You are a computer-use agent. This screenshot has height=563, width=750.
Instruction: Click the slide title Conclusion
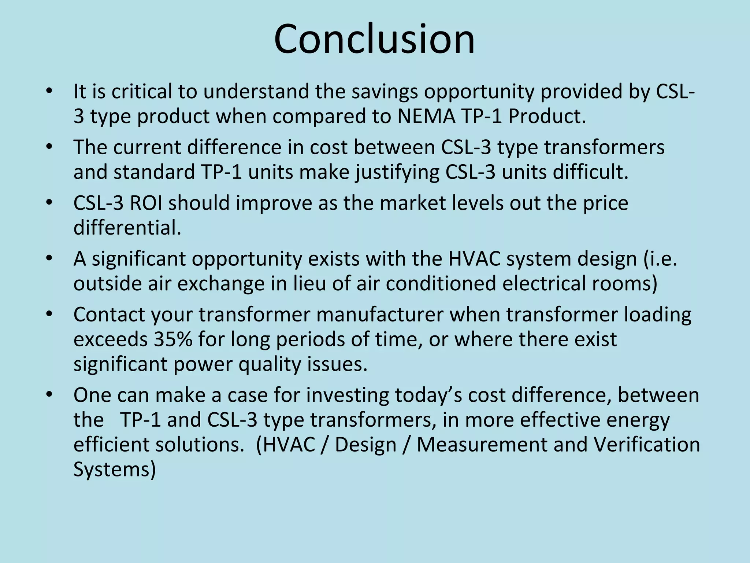374,39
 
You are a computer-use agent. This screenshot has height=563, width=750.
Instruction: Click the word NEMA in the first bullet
426,116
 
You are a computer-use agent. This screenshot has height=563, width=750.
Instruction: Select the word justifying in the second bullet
397,172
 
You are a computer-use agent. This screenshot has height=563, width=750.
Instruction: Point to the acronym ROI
146,203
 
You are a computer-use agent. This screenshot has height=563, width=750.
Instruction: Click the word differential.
127,228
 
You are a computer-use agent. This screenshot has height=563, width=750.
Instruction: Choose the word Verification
647,445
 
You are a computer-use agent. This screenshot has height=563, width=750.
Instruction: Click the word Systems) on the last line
115,470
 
